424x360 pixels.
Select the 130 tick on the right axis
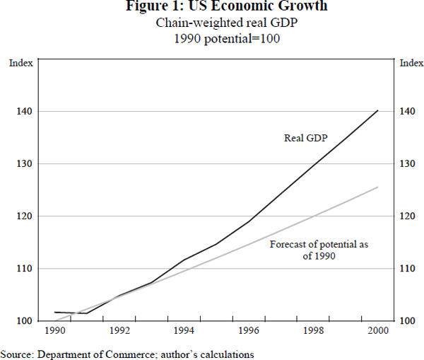(407, 164)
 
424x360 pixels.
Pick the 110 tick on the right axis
(407, 269)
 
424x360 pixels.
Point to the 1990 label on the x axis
(54, 330)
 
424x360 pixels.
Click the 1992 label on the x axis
(119, 330)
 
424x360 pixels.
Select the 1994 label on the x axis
(184, 330)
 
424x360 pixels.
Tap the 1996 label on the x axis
(249, 330)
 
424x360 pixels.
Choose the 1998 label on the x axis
(314, 330)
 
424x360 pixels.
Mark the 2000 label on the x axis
(378, 330)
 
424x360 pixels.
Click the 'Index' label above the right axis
(411, 63)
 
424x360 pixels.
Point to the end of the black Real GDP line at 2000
(378, 110)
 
